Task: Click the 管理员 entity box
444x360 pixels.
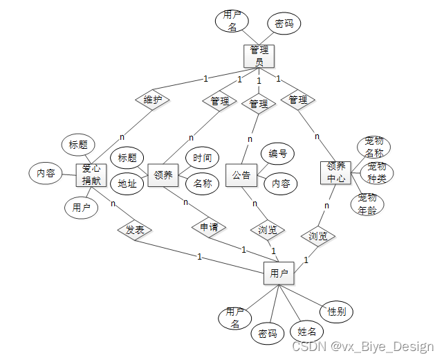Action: (259, 56)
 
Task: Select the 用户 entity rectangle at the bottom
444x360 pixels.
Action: (279, 273)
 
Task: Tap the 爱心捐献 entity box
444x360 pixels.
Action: (91, 175)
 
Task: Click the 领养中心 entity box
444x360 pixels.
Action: (335, 172)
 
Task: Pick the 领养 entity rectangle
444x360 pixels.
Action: (163, 175)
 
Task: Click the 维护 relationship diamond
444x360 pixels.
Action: (152, 100)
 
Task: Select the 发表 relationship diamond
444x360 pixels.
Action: (135, 230)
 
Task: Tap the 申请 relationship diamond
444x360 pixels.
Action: (208, 226)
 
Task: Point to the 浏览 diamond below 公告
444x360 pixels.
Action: (267, 230)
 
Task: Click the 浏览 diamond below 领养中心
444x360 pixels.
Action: (317, 236)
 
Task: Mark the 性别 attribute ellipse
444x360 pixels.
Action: (337, 311)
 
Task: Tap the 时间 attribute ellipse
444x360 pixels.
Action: (203, 159)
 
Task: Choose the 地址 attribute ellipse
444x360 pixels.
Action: (127, 184)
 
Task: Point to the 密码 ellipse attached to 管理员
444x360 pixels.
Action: (284, 24)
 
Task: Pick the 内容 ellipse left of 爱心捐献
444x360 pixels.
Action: (46, 173)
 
